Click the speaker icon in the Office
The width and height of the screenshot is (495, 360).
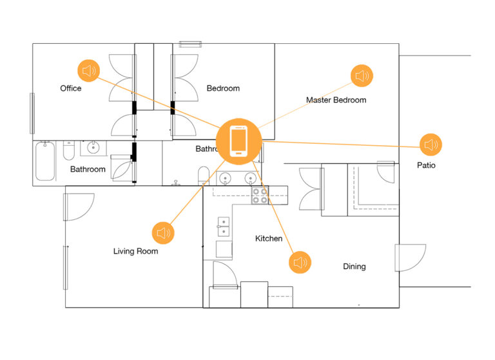tap(89, 71)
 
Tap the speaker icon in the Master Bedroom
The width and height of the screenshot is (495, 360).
tap(362, 75)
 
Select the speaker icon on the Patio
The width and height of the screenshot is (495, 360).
tap(431, 145)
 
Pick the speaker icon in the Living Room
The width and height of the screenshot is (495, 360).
tap(163, 232)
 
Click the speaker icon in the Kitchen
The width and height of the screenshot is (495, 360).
tap(299, 262)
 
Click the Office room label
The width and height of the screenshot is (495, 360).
tap(71, 88)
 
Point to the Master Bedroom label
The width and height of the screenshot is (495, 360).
tap(336, 100)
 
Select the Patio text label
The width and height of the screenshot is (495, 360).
tap(426, 166)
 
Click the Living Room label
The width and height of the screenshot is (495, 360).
tap(135, 252)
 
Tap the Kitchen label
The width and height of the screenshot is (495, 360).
tap(269, 239)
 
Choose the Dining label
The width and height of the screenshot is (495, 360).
tap(354, 266)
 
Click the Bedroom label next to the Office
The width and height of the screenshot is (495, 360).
tap(223, 88)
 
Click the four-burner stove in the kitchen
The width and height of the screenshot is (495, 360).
tap(260, 196)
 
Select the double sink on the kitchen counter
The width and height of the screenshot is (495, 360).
tap(223, 227)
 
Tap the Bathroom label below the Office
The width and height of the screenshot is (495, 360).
tap(88, 170)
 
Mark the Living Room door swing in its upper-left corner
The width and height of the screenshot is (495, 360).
tap(77, 205)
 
